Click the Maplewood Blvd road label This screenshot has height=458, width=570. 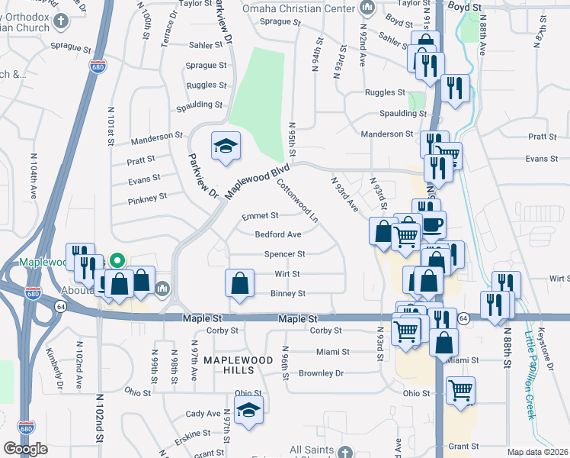[259, 182]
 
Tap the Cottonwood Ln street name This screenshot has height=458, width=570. [296, 201]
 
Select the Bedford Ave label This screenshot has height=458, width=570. [277, 234]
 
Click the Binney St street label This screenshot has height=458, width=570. [288, 293]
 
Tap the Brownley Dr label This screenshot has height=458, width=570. [321, 373]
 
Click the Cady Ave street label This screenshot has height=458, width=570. [203, 414]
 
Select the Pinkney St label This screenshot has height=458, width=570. [147, 198]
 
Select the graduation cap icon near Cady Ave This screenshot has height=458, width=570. [248, 410]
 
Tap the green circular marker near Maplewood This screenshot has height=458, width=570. [117, 260]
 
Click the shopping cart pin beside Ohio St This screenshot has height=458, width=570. [460, 390]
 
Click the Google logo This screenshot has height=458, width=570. [25, 449]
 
